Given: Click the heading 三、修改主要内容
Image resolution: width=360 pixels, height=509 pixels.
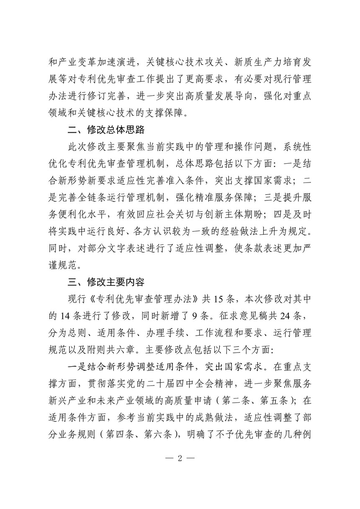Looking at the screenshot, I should pyautogui.click(x=106, y=282).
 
